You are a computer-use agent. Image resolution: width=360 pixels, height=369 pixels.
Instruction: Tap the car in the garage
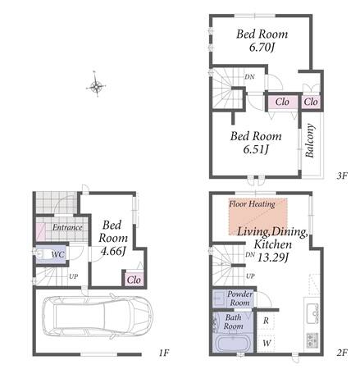pyautogui.click(x=98, y=315)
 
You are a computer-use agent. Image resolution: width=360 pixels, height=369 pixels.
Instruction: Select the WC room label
pyautogui.click(x=58, y=255)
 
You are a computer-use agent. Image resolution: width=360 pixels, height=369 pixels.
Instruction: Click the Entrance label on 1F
pyautogui.click(x=67, y=227)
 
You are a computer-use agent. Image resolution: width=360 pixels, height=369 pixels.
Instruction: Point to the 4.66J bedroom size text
pyautogui.click(x=113, y=251)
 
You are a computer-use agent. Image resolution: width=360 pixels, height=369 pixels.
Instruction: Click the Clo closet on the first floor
pyautogui.click(x=134, y=280)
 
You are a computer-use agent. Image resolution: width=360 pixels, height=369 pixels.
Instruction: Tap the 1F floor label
pyautogui.click(x=163, y=353)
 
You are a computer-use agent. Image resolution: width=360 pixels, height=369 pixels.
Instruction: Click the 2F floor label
pyautogui.click(x=341, y=353)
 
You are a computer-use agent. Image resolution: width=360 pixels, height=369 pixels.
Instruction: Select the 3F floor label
pyautogui.click(x=341, y=175)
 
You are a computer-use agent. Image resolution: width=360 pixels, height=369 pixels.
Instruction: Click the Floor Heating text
pyautogui.click(x=252, y=204)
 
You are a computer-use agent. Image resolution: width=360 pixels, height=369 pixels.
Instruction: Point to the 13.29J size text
pyautogui.click(x=272, y=257)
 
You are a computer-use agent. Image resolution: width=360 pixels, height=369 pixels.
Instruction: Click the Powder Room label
pyautogui.click(x=240, y=298)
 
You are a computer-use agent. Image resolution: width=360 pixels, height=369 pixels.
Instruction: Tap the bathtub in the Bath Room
pyautogui.click(x=233, y=343)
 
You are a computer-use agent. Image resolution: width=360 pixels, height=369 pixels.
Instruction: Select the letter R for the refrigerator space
pyautogui.click(x=266, y=321)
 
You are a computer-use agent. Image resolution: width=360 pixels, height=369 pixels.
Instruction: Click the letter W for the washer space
pyautogui.click(x=267, y=343)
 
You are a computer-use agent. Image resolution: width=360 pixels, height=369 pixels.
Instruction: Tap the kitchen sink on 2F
pyautogui.click(x=313, y=313)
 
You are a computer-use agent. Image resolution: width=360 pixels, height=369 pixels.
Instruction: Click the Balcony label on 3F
pyautogui.click(x=310, y=140)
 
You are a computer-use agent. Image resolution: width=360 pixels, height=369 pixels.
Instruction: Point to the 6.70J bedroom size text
pyautogui.click(x=262, y=48)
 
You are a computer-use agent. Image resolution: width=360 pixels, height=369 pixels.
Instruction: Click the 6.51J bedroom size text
pyautogui.click(x=256, y=149)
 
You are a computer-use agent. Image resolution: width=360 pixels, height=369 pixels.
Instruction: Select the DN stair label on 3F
pyautogui.click(x=249, y=77)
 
